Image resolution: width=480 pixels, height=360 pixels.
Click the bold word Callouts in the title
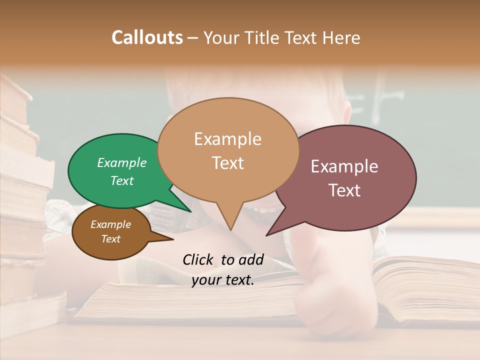(147, 37)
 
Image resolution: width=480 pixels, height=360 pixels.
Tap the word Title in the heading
(265, 37)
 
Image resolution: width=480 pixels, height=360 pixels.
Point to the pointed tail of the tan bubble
(230, 220)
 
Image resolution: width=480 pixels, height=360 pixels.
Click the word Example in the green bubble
(121, 162)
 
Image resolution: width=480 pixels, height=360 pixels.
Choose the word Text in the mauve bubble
(344, 190)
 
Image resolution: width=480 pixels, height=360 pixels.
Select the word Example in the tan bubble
(227, 139)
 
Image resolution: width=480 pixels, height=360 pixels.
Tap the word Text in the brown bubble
(110, 239)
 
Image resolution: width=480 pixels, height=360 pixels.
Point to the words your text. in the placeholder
(223, 280)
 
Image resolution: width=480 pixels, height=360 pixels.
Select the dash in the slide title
(193, 38)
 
